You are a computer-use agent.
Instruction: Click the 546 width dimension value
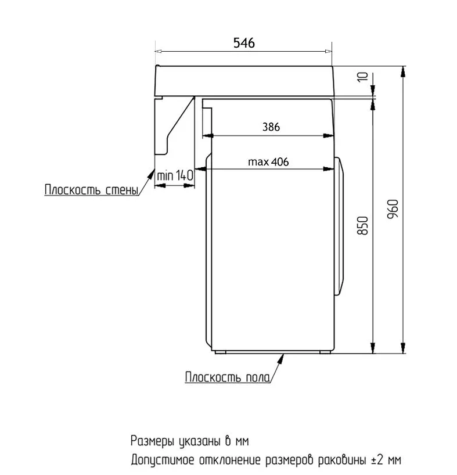pyautogui.click(x=244, y=43)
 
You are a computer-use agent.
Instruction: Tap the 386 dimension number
pyautogui.click(x=271, y=127)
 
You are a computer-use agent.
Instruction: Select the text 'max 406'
pyautogui.click(x=268, y=162)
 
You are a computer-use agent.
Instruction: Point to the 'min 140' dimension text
pyautogui.click(x=175, y=175)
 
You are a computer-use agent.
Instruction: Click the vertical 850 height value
pyautogui.click(x=362, y=225)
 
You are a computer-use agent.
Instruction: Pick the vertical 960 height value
pyautogui.click(x=393, y=209)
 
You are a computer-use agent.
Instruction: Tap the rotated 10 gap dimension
pyautogui.click(x=362, y=77)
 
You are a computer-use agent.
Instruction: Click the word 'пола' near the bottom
pyautogui.click(x=258, y=377)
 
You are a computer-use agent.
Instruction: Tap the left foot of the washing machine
pyautogui.click(x=221, y=352)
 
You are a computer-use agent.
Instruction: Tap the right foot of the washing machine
pyautogui.click(x=325, y=352)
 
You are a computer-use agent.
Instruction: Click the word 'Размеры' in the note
pyautogui.click(x=153, y=441)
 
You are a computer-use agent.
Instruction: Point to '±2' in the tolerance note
pyautogui.click(x=377, y=459)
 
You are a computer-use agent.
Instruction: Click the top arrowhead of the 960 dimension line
pyautogui.click(x=403, y=72)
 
